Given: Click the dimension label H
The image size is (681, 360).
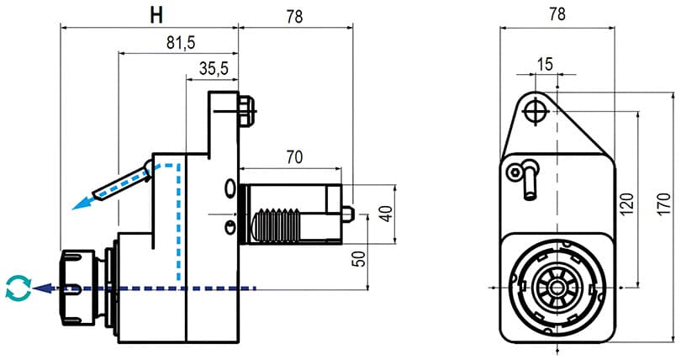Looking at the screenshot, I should (155, 14).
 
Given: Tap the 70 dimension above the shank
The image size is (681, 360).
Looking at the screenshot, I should (293, 156).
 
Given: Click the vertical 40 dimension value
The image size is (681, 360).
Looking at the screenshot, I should (385, 214).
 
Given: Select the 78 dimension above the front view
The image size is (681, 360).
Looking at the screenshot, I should (557, 14).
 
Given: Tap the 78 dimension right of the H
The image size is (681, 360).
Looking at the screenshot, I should (294, 14).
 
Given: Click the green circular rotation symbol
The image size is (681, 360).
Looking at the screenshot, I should (17, 288).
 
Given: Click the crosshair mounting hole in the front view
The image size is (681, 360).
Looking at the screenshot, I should (536, 111).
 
